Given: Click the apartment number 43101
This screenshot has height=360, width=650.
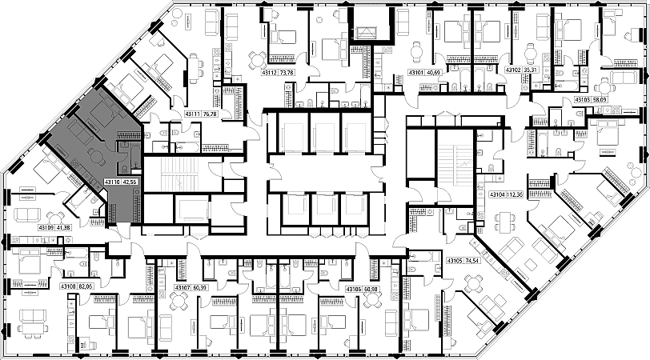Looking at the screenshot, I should [416, 72].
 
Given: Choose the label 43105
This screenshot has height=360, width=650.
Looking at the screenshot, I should [455, 261].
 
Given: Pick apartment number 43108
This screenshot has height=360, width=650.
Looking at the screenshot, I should [67, 285].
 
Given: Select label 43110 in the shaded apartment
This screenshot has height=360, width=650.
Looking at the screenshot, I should [112, 182].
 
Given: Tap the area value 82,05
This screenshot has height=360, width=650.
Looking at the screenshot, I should [86, 285].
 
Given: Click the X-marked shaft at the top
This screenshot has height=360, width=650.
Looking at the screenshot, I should [369, 33].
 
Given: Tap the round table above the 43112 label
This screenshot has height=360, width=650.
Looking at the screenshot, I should [257, 58].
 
